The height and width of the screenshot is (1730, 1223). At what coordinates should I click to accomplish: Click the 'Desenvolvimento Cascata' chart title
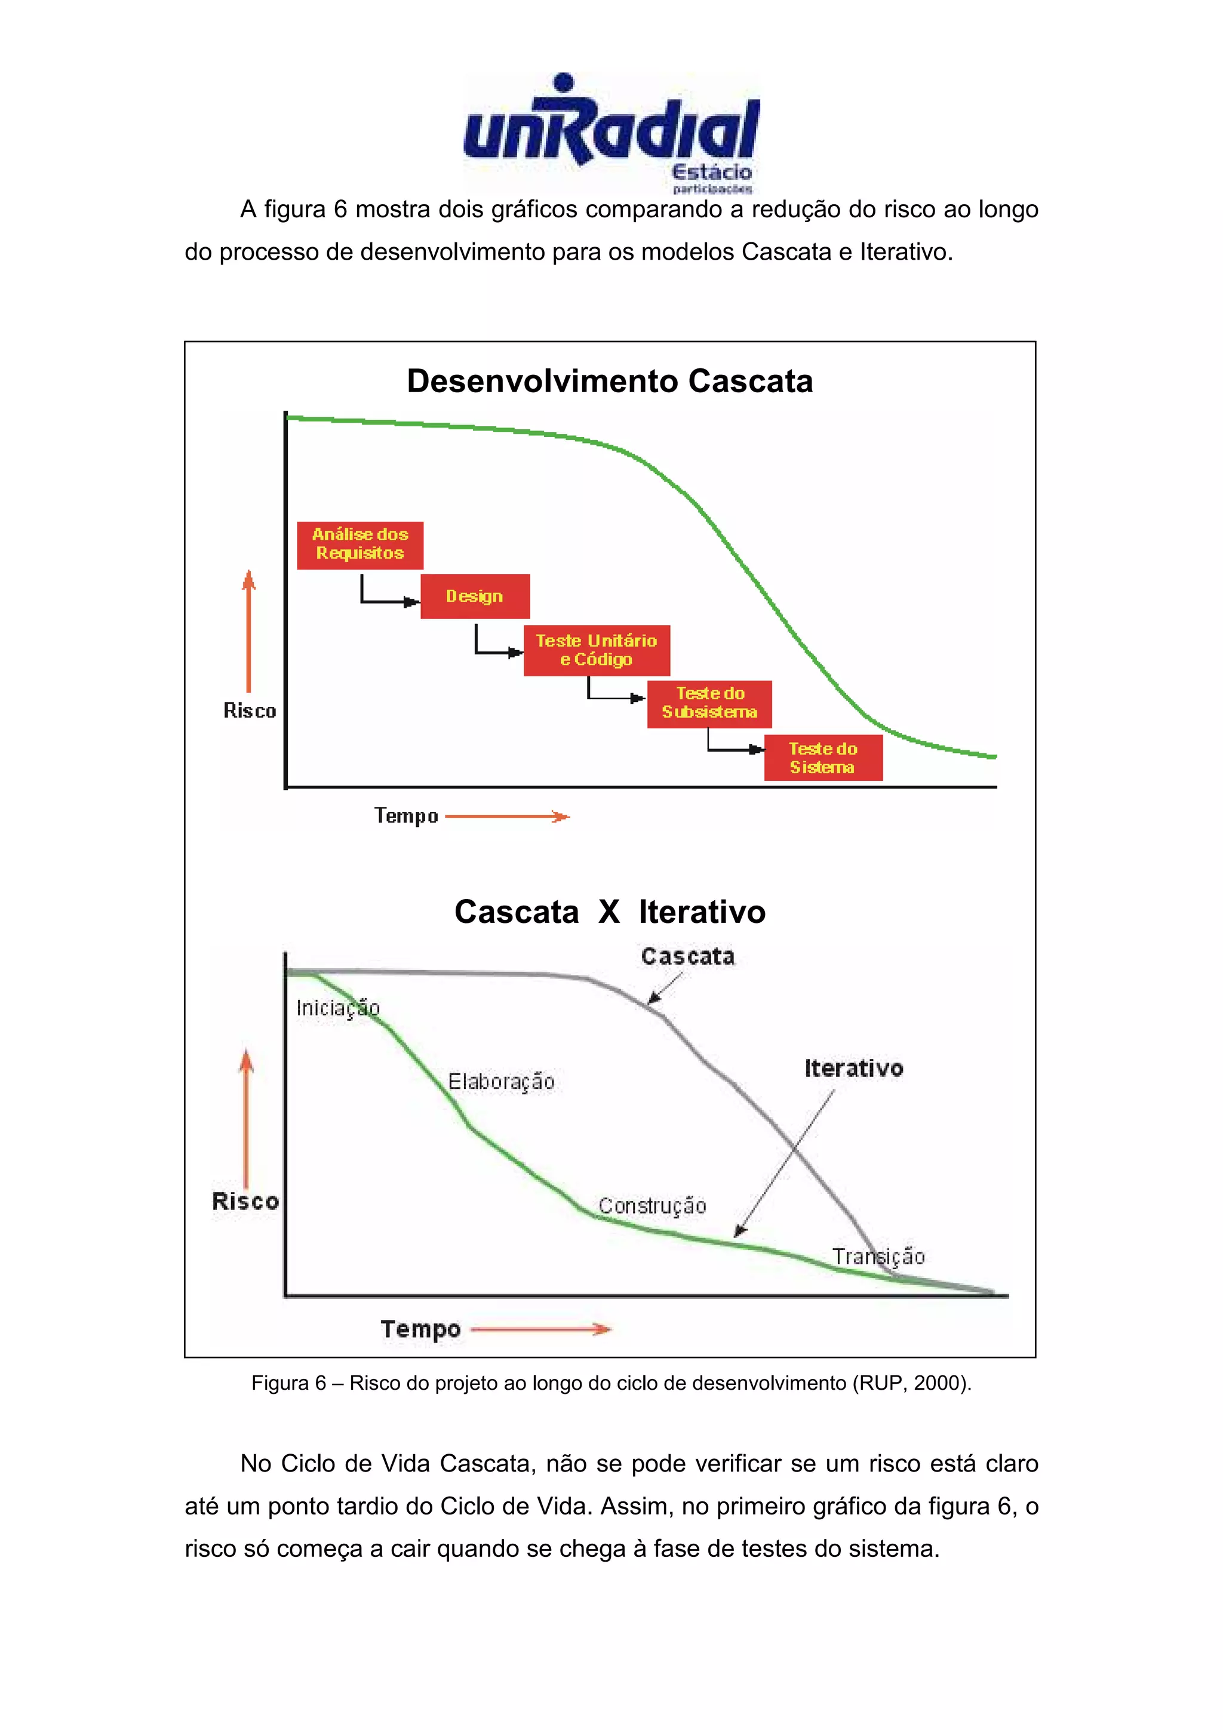(x=610, y=381)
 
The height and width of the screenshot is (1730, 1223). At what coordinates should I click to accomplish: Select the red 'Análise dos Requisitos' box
(x=359, y=544)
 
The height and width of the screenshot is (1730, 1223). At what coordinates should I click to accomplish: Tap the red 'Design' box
(x=475, y=596)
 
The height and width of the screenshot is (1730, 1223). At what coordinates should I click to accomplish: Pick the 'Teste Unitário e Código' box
(x=596, y=649)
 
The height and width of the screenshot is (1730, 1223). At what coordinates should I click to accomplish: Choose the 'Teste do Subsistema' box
(x=709, y=703)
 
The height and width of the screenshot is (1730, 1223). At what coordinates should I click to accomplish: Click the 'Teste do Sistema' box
(x=823, y=758)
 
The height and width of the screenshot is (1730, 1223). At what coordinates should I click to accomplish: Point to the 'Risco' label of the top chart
(x=250, y=710)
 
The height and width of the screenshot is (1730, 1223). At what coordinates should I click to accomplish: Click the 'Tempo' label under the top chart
(x=406, y=816)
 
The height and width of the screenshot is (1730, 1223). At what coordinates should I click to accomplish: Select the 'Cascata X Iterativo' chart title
(x=610, y=912)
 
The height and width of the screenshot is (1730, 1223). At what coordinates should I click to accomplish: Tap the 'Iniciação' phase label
(x=337, y=1008)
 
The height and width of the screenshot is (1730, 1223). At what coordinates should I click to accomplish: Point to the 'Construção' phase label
(x=652, y=1206)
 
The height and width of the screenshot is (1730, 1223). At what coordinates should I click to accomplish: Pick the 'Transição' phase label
(x=878, y=1256)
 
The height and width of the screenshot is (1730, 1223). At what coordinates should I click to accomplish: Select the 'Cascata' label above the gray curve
(x=687, y=956)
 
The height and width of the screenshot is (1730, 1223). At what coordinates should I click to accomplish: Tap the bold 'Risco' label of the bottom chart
(x=245, y=1201)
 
